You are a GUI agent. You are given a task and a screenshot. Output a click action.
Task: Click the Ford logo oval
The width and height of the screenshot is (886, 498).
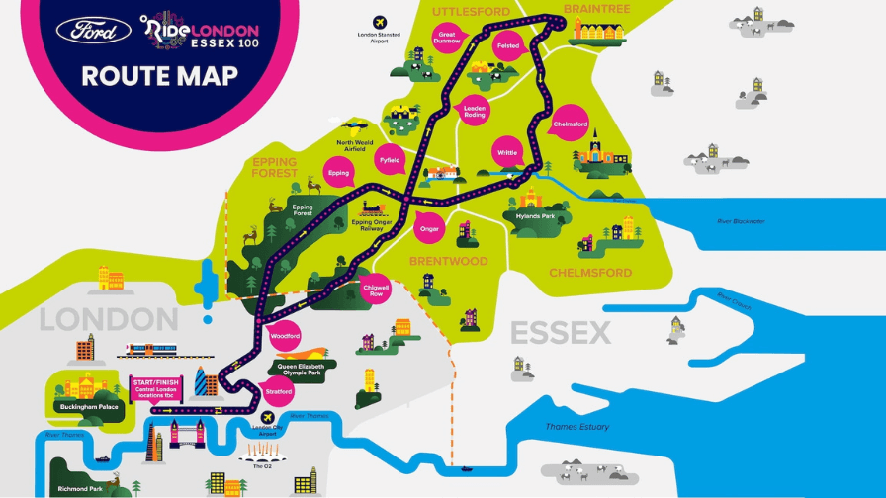coord(94,31)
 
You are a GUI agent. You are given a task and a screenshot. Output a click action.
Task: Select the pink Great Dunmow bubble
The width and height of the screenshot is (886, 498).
coord(448,39)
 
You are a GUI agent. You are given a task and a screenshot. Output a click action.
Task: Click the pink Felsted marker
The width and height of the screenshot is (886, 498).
coord(508,45)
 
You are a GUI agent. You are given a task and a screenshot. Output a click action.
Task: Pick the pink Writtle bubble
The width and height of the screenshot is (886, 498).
coord(506,152)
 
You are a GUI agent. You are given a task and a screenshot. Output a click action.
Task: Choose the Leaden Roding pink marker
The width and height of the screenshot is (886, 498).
coord(476,110)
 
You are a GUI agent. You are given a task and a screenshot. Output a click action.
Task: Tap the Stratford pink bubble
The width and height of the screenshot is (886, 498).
coord(280,392)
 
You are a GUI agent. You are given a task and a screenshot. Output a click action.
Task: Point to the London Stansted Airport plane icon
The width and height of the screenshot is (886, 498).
coord(378,22)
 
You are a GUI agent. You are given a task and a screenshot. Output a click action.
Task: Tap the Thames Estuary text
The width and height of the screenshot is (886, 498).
coord(577,427)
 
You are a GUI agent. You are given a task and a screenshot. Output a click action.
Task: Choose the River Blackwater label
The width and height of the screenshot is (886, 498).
coord(741,221)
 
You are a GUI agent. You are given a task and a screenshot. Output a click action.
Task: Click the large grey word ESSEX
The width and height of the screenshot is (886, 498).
coord(561,333)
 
